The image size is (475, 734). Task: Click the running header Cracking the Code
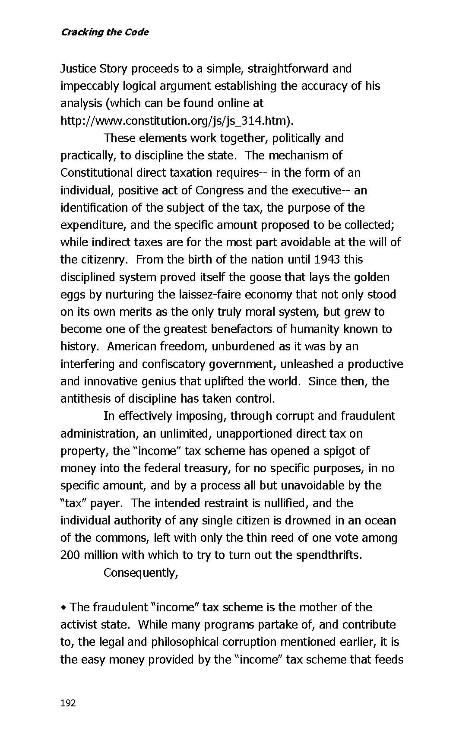click(x=104, y=32)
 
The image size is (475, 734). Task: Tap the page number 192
click(x=68, y=703)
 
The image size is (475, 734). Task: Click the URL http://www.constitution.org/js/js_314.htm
click(x=174, y=121)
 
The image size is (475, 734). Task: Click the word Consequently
click(x=139, y=573)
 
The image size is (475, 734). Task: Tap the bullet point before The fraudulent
click(x=63, y=607)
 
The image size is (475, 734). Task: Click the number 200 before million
click(x=70, y=555)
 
